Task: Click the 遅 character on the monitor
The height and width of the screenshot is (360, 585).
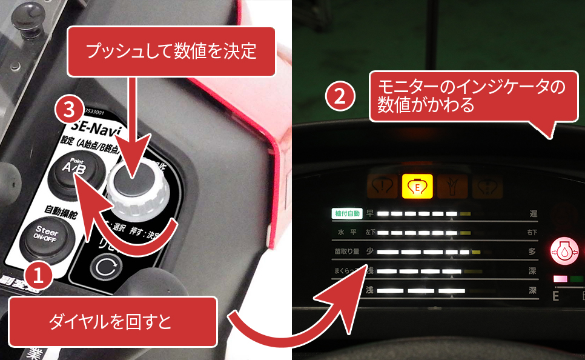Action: pyautogui.click(x=532, y=214)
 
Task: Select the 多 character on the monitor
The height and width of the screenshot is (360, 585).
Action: pyautogui.click(x=532, y=252)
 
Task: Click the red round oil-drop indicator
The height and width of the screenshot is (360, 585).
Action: pyautogui.click(x=563, y=251)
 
